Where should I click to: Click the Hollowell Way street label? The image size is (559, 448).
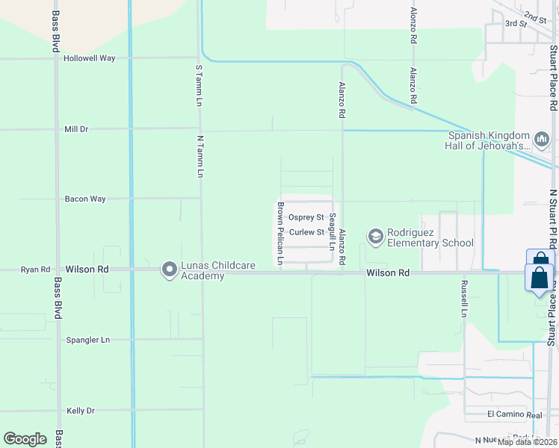pyautogui.click(x=89, y=58)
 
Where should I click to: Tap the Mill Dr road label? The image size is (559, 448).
pyautogui.click(x=76, y=129)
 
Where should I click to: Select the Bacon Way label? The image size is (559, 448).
pyautogui.click(x=85, y=199)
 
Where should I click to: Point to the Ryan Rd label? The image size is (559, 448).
pyautogui.click(x=35, y=270)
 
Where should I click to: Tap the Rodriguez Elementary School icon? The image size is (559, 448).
pyautogui.click(x=375, y=237)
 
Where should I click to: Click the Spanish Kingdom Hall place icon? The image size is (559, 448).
pyautogui.click(x=542, y=139)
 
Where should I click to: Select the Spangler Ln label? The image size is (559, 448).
pyautogui.click(x=87, y=340)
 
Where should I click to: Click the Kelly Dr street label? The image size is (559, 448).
pyautogui.click(x=81, y=411)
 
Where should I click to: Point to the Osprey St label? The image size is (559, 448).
pyautogui.click(x=306, y=217)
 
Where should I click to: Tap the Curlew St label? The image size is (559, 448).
pyautogui.click(x=306, y=232)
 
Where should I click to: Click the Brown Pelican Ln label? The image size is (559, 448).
pyautogui.click(x=280, y=233)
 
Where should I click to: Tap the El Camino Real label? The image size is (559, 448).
pyautogui.click(x=514, y=414)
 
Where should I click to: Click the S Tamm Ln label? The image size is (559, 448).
pyautogui.click(x=200, y=84)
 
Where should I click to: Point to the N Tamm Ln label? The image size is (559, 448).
pyautogui.click(x=200, y=155)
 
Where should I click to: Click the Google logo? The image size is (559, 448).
pyautogui.click(x=25, y=438)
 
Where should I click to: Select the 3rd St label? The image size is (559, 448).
pyautogui.click(x=516, y=24)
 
